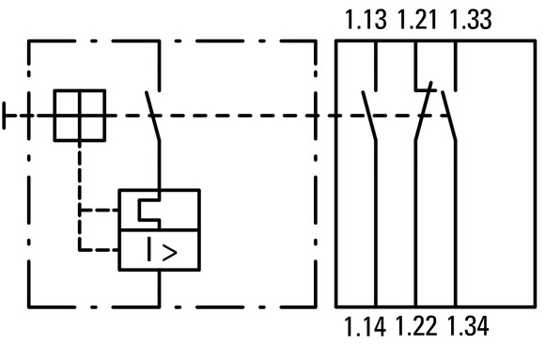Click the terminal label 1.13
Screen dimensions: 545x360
[366, 20]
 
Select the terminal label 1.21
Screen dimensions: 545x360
[416, 20]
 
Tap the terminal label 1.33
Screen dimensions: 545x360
[471, 20]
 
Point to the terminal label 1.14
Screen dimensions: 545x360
[365, 326]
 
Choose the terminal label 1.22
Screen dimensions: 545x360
[415, 326]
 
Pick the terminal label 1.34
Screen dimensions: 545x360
[468, 326]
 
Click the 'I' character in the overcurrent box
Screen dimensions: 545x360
[149, 249]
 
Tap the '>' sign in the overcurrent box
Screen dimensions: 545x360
[170, 253]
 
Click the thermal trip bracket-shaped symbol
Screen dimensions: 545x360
[139, 211]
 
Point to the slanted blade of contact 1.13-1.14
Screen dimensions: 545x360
[369, 117]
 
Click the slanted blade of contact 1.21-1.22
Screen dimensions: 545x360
[424, 111]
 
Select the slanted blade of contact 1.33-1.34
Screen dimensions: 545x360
[449, 117]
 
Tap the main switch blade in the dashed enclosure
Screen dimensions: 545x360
[153, 117]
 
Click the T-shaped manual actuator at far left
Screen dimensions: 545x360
[4, 116]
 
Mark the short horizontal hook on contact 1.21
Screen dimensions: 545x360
[426, 90]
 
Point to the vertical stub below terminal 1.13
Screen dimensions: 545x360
[376, 66]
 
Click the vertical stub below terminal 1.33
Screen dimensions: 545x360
[456, 66]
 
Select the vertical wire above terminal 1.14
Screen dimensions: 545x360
[376, 224]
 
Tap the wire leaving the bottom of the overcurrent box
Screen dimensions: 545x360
[159, 289]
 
